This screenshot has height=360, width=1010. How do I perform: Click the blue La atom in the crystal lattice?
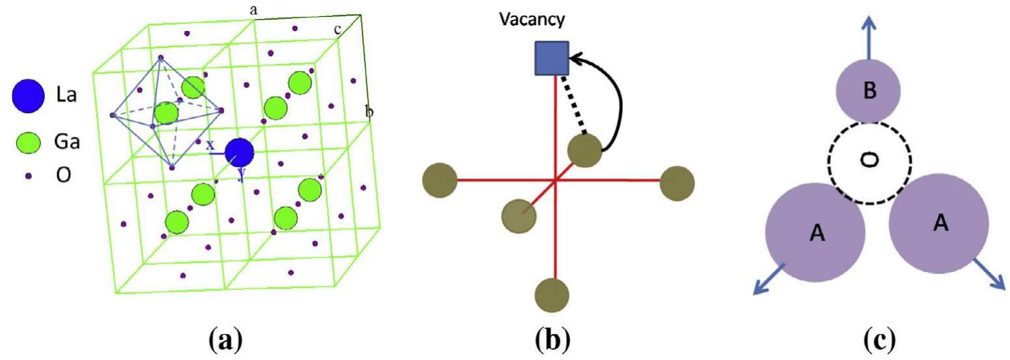[x=239, y=152]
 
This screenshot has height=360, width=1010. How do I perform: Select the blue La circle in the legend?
[x=28, y=96]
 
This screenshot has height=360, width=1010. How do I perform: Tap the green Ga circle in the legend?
[x=28, y=142]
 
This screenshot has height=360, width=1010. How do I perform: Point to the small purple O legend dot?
[x=28, y=175]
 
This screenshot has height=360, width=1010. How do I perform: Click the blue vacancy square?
[x=551, y=58]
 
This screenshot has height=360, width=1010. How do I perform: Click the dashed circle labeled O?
[x=869, y=158]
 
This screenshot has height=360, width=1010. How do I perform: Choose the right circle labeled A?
[x=938, y=223]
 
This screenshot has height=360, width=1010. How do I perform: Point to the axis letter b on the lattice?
[x=369, y=112]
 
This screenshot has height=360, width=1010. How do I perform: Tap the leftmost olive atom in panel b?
[x=439, y=180]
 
